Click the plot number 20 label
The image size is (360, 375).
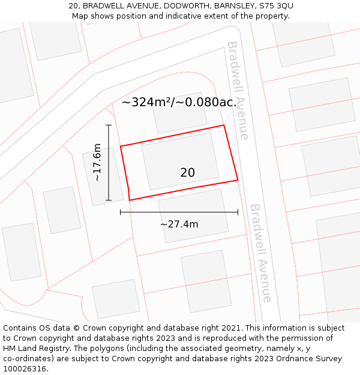point(187,173)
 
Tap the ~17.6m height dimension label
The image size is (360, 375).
point(97,163)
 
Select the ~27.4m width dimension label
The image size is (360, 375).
point(179,224)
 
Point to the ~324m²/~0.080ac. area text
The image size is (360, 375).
point(179,102)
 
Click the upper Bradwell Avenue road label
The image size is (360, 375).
point(238,90)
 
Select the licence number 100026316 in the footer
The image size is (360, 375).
point(25,369)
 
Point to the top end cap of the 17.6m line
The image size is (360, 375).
point(109,125)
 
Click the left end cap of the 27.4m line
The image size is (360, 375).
point(121,212)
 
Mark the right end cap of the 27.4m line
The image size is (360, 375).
point(238,212)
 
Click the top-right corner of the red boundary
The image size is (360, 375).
point(224,125)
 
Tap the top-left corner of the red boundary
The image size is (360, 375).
point(121,146)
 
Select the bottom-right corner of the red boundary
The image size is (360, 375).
point(238,179)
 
